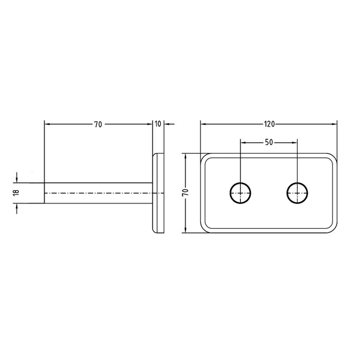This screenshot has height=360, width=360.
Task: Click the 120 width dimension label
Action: pos(269,124)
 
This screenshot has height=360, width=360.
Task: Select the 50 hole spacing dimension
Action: pos(269,142)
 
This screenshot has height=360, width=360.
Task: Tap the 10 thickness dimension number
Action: pos(158,124)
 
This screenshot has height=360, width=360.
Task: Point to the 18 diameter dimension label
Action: pos(16,193)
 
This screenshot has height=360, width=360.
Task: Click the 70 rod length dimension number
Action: pos(98,124)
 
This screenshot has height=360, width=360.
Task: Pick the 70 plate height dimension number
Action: pos(185,192)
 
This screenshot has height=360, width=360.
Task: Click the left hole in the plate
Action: pos(241,193)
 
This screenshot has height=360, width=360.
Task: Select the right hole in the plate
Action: pos(298,193)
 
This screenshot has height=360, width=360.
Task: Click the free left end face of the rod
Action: pos(44,193)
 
